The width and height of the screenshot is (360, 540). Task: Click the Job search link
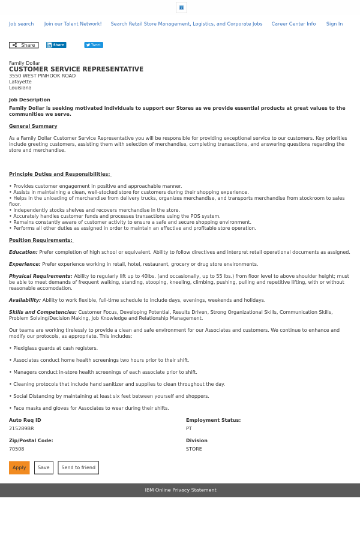[x=21, y=24]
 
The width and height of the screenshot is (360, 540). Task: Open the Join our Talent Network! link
[x=73, y=24]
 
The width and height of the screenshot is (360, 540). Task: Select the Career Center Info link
[x=293, y=24]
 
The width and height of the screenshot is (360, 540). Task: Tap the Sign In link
[x=334, y=24]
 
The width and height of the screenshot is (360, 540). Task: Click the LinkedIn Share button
[x=56, y=45]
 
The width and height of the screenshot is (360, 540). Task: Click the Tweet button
[x=94, y=45]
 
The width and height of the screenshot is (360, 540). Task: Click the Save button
[x=44, y=467]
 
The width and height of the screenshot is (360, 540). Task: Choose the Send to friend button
[x=78, y=467]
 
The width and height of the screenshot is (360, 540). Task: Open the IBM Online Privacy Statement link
[x=180, y=490]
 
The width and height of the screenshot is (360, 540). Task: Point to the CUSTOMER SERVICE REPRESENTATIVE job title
[x=76, y=70]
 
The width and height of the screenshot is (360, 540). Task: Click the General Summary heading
[x=33, y=126]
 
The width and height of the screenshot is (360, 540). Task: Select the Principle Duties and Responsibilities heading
[x=59, y=174]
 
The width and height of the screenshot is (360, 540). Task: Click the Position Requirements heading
[x=40, y=240]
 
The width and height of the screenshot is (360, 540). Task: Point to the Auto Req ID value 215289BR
[x=22, y=428]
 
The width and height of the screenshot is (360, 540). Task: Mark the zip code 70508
[x=17, y=449]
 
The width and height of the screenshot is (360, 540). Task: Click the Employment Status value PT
[x=189, y=428]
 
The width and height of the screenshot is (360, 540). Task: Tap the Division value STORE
[x=194, y=449]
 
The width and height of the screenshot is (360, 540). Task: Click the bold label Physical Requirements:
[x=40, y=276]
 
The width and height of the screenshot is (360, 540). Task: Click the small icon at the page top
[x=181, y=7]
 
